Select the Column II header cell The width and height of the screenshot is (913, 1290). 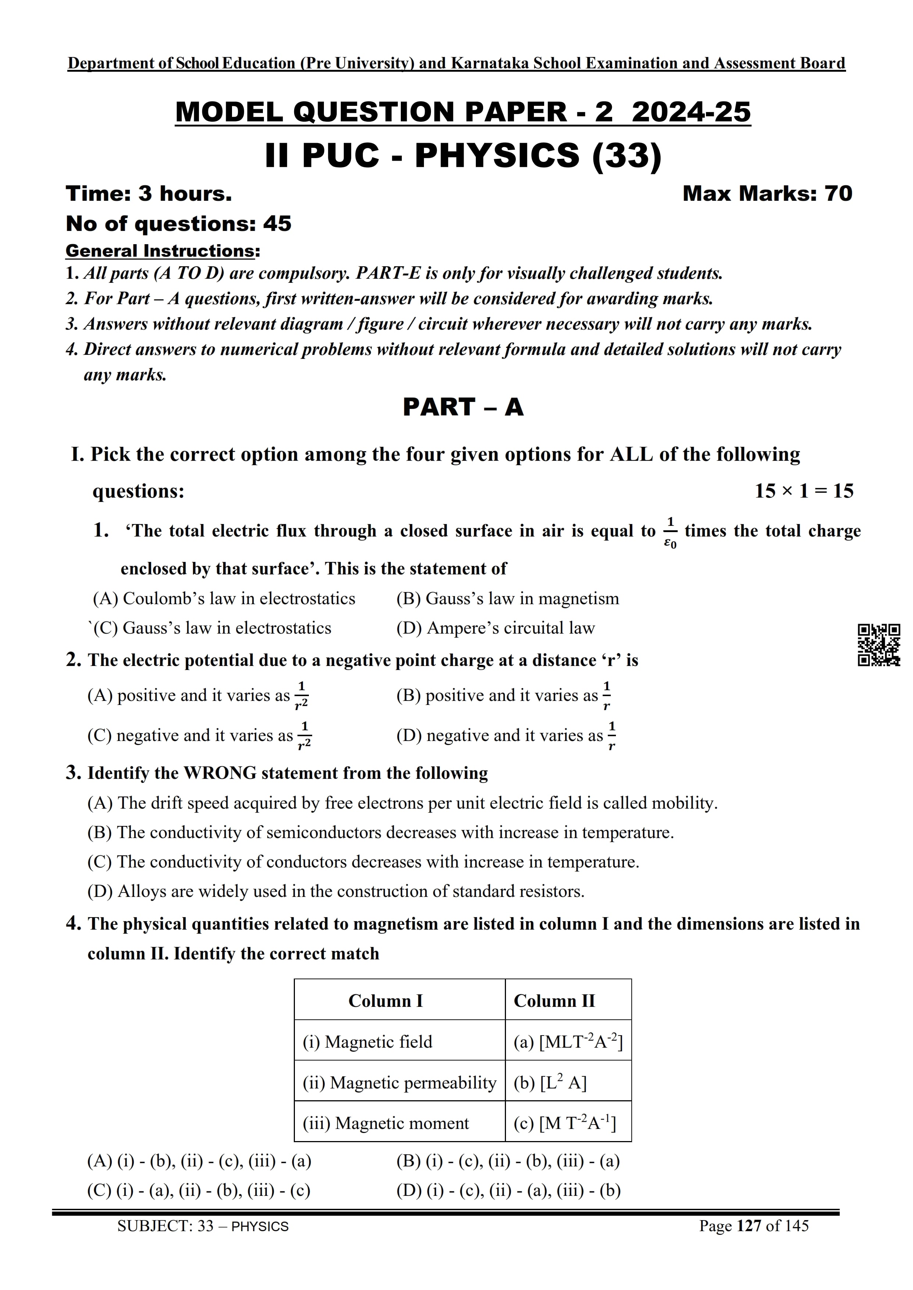(x=568, y=1001)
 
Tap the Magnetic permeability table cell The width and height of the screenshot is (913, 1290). (x=399, y=1083)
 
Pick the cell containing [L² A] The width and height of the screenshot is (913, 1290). (x=568, y=1083)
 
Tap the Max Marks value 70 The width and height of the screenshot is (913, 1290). (x=838, y=193)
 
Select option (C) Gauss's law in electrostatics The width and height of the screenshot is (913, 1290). (x=212, y=628)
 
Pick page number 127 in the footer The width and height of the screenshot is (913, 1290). (x=748, y=1226)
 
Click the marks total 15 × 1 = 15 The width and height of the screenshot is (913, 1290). (x=803, y=491)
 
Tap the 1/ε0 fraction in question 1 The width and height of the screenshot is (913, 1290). (x=670, y=533)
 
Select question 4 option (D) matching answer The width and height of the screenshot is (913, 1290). (x=508, y=1190)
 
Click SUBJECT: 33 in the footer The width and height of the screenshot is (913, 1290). (x=165, y=1226)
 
